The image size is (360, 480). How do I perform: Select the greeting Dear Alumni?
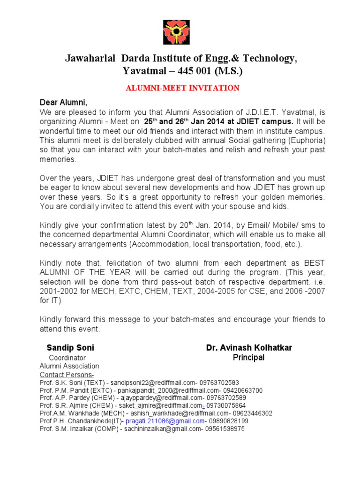pos(64,103)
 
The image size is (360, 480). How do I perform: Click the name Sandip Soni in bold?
pos(70,348)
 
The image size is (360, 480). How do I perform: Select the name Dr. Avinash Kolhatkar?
pos(249,348)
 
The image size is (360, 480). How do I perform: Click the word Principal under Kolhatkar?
pos(249,358)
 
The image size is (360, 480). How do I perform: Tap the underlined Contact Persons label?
pos(67,375)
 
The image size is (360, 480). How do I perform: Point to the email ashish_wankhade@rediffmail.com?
pos(181,413)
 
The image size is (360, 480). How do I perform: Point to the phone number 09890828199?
pos(230,421)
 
